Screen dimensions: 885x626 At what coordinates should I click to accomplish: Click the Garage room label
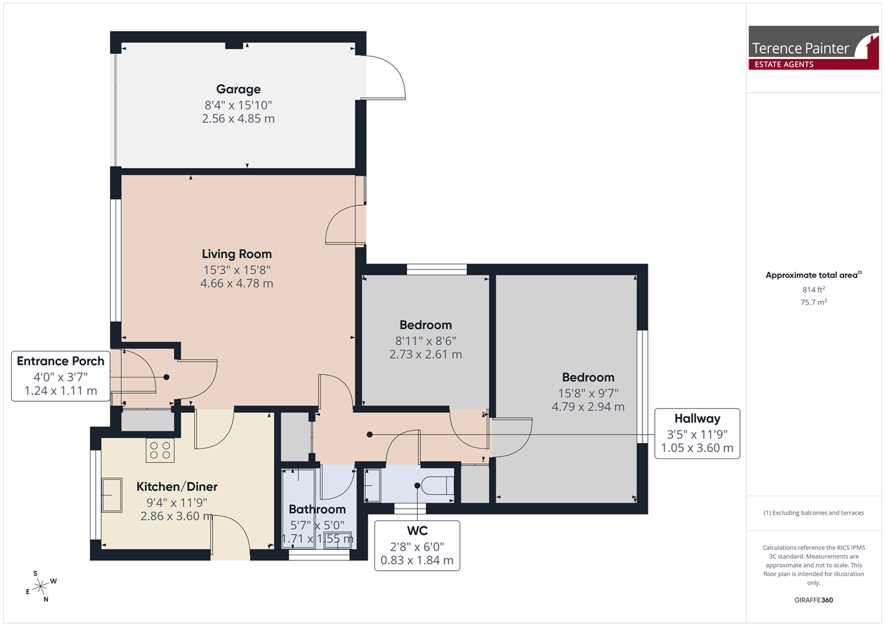(238, 89)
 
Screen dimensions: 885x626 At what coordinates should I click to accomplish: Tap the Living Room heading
(237, 254)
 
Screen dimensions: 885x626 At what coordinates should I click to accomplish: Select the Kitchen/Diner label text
(177, 486)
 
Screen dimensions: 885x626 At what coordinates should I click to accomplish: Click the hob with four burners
(160, 450)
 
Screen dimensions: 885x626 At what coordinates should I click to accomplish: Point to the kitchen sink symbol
(112, 496)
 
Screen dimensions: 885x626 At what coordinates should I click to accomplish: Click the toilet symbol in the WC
(437, 486)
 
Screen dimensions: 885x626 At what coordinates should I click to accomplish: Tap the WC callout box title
(417, 530)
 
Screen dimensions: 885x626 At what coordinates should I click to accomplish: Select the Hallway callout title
(698, 418)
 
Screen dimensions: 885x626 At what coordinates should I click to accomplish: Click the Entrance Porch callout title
(60, 361)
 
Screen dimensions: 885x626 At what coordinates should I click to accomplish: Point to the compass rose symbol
(40, 587)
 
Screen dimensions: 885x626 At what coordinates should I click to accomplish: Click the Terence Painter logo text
(800, 49)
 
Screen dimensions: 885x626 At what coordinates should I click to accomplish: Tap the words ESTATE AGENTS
(784, 64)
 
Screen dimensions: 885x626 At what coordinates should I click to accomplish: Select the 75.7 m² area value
(814, 302)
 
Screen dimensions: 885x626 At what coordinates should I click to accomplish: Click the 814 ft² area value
(814, 290)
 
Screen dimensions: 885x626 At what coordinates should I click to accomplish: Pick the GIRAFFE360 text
(814, 600)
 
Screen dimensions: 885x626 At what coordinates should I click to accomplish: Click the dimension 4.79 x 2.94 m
(588, 407)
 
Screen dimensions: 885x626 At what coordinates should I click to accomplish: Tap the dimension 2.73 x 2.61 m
(425, 354)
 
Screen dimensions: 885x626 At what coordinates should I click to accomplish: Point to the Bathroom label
(317, 509)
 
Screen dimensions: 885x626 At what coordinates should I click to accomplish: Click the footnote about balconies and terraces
(814, 513)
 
